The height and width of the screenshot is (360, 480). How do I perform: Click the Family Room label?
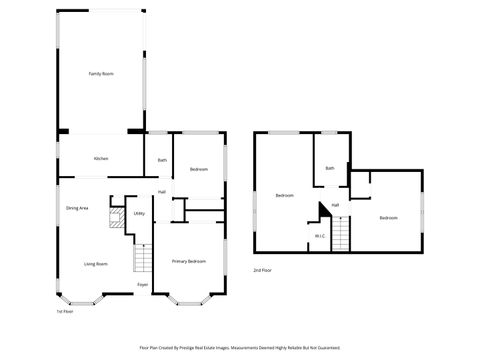[x=100, y=74]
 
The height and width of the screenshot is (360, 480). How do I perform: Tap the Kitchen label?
[x=101, y=159]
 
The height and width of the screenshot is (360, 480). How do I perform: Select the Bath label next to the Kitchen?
[x=162, y=160]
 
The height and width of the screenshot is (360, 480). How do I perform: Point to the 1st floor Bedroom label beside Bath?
[x=199, y=170]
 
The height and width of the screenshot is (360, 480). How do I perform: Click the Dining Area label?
[x=78, y=208]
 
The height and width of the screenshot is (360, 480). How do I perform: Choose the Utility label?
[x=139, y=214]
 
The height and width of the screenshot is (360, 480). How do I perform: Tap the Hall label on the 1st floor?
[x=161, y=192]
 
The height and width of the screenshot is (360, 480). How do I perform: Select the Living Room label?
[x=96, y=264]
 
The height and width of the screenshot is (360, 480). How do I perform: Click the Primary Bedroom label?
[x=189, y=262]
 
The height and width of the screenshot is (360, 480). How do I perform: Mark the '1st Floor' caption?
[x=65, y=312]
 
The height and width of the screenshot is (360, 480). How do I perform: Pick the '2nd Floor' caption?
[x=262, y=271]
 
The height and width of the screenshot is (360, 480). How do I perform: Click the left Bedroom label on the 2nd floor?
[x=285, y=196]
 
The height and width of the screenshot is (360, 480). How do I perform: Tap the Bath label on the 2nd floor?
[x=330, y=168]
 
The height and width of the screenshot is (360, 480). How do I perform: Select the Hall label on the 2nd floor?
[x=336, y=205]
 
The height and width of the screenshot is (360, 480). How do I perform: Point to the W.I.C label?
[x=319, y=236]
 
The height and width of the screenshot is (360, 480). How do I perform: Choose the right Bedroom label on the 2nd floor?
[x=388, y=218]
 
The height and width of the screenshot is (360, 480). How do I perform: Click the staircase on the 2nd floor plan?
[x=341, y=236]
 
